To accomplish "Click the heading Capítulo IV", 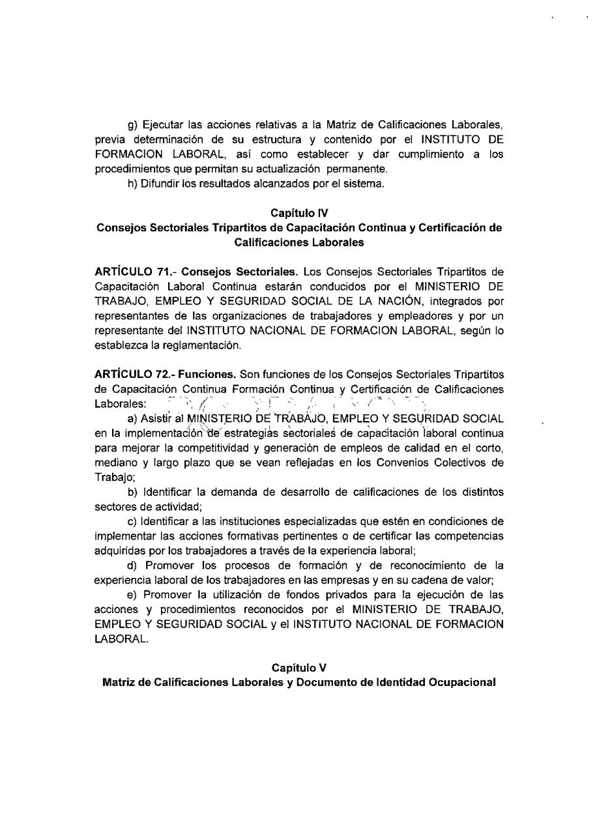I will pos(299,212).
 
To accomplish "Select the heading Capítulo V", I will pos(299,669).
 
